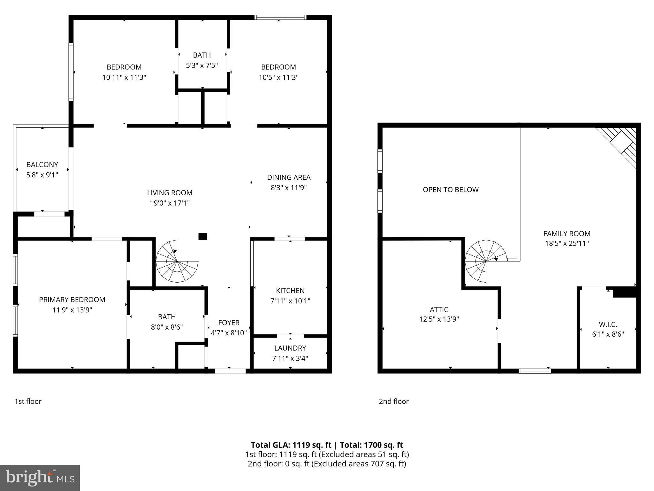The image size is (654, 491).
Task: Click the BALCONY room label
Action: click(x=42, y=165)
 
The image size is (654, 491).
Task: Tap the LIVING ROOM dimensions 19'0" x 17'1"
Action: click(x=170, y=203)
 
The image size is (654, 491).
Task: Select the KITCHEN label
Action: click(x=290, y=291)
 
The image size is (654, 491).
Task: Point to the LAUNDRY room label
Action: click(x=290, y=348)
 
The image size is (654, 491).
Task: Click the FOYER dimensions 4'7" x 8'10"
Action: click(x=229, y=333)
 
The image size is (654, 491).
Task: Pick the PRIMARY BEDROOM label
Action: click(x=72, y=300)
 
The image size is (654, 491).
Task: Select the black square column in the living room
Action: click(x=203, y=237)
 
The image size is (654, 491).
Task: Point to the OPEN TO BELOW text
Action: click(x=451, y=190)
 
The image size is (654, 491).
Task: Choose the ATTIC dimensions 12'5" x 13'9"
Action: click(x=439, y=319)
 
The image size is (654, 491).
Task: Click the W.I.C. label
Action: click(x=608, y=324)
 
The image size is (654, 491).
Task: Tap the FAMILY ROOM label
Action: click(x=567, y=234)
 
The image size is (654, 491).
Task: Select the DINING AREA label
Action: click(x=289, y=177)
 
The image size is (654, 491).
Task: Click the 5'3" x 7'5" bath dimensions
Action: click(x=202, y=66)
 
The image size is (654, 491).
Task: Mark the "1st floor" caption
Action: click(x=28, y=401)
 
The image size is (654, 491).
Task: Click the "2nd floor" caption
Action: click(x=393, y=401)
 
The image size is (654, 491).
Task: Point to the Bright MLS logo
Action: click(x=40, y=478)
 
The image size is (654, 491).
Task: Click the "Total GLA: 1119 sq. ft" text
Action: click(x=291, y=445)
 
